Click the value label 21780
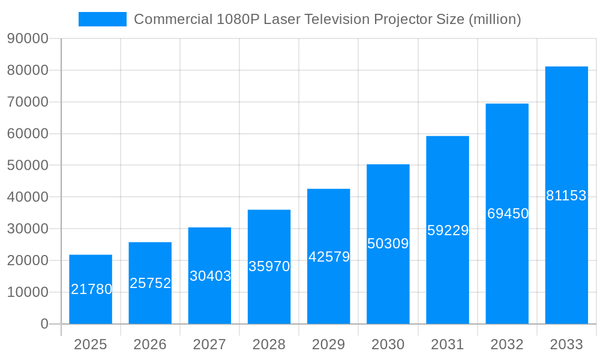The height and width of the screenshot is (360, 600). [92, 289]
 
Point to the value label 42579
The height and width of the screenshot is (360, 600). [329, 257]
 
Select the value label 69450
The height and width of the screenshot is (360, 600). [508, 214]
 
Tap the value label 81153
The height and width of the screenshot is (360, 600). [566, 196]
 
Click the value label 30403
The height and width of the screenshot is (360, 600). [210, 276]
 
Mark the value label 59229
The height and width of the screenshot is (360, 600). [448, 230]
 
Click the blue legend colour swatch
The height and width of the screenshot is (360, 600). [103, 19]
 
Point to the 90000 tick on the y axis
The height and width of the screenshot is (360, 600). [28, 39]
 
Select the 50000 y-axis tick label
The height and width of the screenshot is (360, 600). [28, 166]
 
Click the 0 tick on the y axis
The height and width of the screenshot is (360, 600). [44, 324]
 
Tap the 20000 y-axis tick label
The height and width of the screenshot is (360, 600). [28, 260]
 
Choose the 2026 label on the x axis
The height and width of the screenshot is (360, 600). [150, 344]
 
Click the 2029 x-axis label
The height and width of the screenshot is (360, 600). [329, 344]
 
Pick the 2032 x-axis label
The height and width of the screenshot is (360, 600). [507, 344]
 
